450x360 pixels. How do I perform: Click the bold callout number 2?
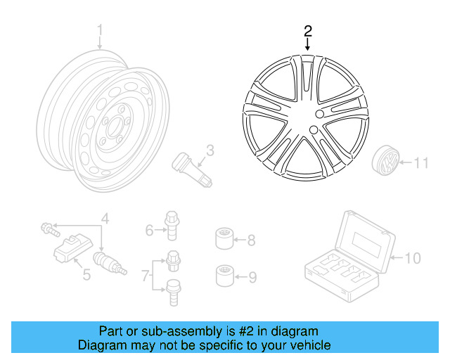[307, 31]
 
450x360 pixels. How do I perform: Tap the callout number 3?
[210, 150]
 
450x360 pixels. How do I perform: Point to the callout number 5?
[86, 274]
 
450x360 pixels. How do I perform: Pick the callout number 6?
[150, 230]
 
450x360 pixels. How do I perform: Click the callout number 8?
[251, 240]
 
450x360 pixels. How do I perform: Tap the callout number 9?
[252, 277]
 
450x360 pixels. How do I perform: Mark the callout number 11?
[420, 164]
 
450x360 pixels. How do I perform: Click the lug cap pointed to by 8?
[224, 239]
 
